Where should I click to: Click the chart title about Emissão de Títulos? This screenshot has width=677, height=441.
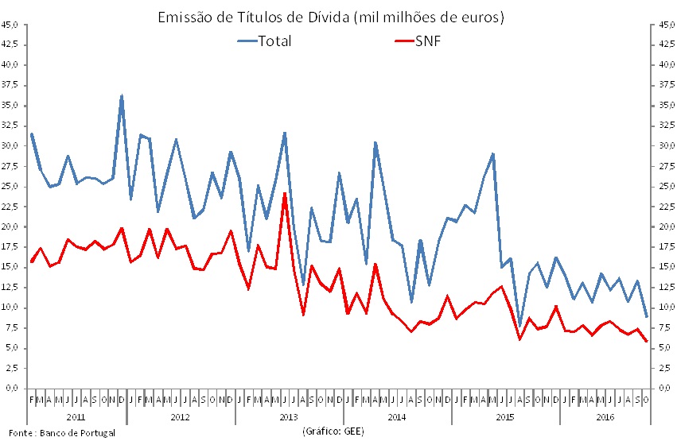pyautogui.click(x=333, y=17)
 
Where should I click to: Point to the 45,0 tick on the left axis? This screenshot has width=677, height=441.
pyautogui.click(x=10, y=25)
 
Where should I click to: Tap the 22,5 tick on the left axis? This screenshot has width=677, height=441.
pyautogui.click(x=10, y=207)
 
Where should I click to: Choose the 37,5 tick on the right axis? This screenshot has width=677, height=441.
pyautogui.click(x=664, y=85)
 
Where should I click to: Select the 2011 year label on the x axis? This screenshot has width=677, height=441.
pyautogui.click(x=76, y=416)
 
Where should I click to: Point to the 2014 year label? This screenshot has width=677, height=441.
pyautogui.click(x=397, y=416)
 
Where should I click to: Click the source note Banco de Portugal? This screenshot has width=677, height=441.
pyautogui.click(x=63, y=433)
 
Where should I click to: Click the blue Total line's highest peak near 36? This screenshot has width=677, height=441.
pyautogui.click(x=122, y=96)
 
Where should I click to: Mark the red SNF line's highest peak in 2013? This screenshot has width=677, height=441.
pyautogui.click(x=285, y=193)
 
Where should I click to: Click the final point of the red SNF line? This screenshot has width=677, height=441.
pyautogui.click(x=646, y=342)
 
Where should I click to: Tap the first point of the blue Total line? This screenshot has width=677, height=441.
pyautogui.click(x=32, y=133)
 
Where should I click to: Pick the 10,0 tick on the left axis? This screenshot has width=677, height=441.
pyautogui.click(x=10, y=308)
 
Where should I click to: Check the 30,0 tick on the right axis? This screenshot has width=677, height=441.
pyautogui.click(x=664, y=146)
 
